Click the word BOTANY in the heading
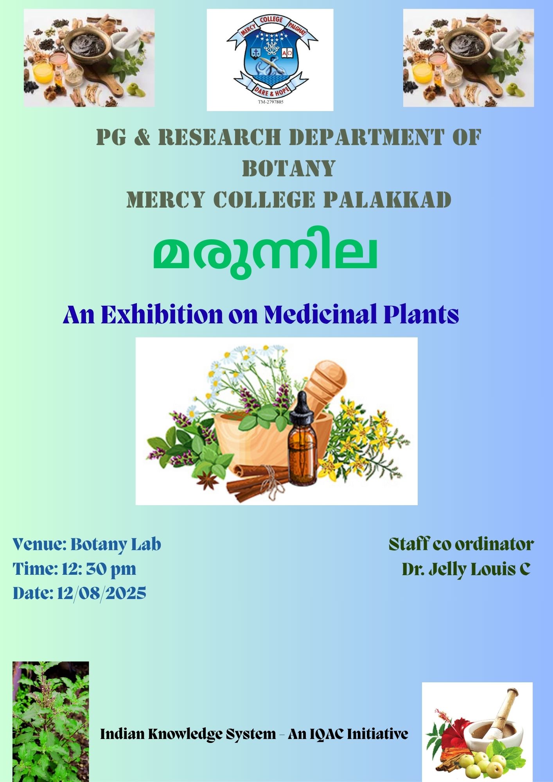(x=289, y=169)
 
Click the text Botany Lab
(x=116, y=544)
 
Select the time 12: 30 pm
(x=99, y=569)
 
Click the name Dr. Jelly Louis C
(x=466, y=569)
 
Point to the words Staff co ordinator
(x=461, y=544)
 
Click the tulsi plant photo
(x=51, y=721)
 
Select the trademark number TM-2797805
(x=270, y=102)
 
